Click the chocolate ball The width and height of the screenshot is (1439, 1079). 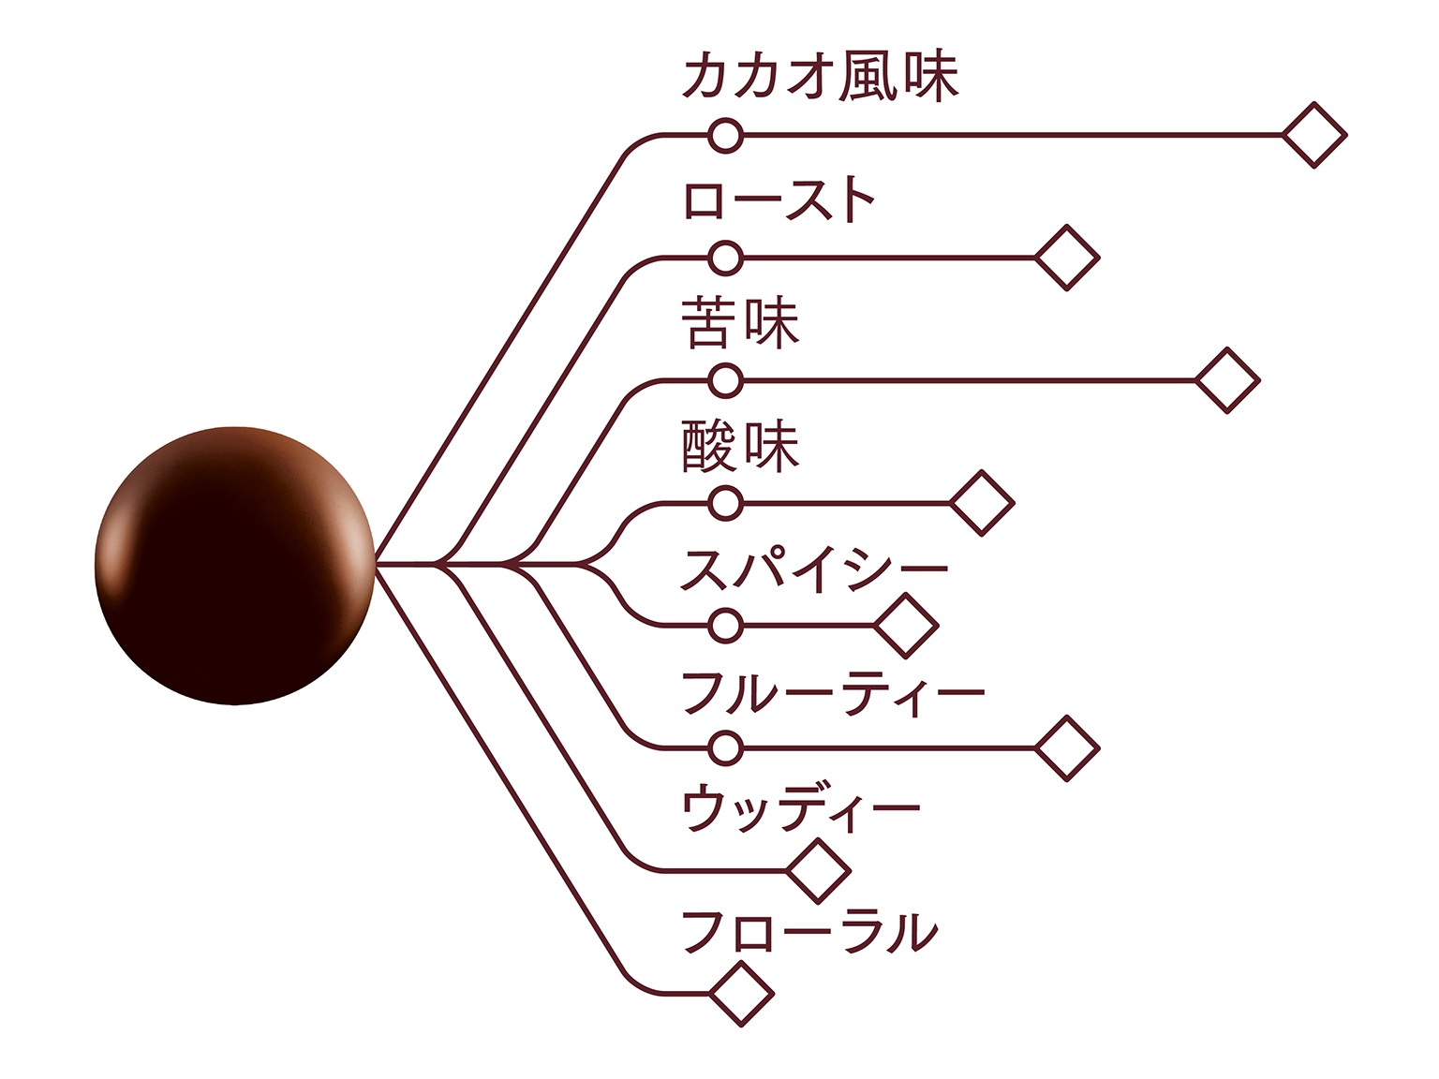point(235,565)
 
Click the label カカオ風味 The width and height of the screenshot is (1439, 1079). point(821,77)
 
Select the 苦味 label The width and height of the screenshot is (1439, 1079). point(740,323)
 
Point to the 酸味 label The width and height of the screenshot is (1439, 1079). point(740,446)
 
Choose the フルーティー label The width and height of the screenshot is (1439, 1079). point(833,693)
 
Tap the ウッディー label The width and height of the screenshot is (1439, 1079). point(801,810)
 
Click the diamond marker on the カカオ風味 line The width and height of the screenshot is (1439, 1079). point(1313,135)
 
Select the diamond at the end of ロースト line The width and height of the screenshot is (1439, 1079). point(1066,257)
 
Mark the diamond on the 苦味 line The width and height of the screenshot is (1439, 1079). point(1227,380)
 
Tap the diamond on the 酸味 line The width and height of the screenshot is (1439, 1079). point(981,503)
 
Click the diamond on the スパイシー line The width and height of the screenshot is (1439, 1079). point(906,625)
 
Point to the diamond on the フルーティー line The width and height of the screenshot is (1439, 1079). point(1066,747)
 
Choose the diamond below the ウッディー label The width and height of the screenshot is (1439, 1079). point(818,870)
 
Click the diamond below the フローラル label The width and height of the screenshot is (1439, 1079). point(741,993)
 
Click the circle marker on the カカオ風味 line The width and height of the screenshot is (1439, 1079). point(725,135)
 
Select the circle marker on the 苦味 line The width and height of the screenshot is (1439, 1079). point(725,380)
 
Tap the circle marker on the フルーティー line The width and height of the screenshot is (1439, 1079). point(725,747)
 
